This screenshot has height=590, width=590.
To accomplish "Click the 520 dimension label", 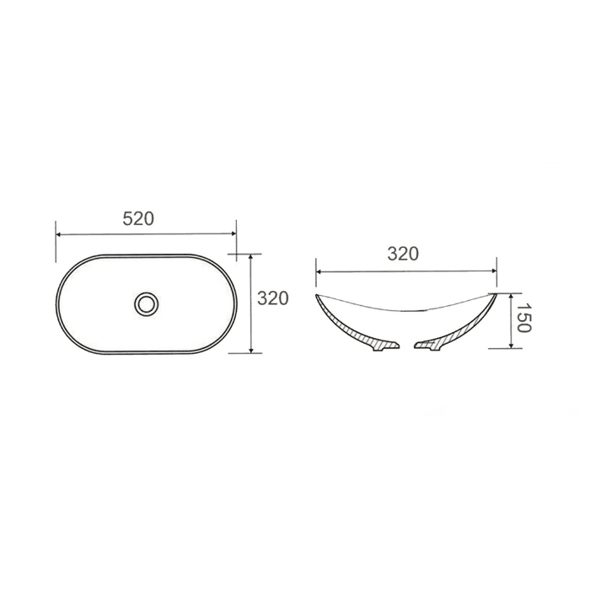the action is click(x=138, y=219).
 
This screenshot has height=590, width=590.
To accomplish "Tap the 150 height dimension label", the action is click(x=523, y=318).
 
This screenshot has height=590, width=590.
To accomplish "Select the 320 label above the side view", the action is click(x=403, y=255).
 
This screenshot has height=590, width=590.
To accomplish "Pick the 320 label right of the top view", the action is click(x=273, y=298).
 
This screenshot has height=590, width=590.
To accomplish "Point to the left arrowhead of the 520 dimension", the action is click(x=59, y=234).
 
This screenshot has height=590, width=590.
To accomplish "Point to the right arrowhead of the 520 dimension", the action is click(x=233, y=233).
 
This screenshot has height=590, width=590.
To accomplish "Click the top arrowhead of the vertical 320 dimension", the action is click(x=251, y=257).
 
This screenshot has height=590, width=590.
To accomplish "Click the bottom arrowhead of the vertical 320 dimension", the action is click(x=251, y=350).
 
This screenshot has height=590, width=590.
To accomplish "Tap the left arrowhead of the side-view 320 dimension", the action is click(x=319, y=271).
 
